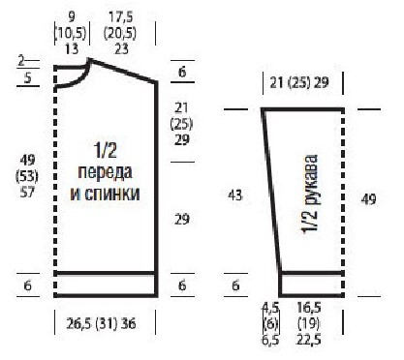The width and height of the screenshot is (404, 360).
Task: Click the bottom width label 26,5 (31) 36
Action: [x=101, y=323]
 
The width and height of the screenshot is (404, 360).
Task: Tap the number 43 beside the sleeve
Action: [x=235, y=195]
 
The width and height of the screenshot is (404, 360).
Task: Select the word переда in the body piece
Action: [x=105, y=172]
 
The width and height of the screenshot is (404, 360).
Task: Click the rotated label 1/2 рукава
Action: [x=310, y=194]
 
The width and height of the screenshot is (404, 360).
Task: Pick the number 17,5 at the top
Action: [x=121, y=16]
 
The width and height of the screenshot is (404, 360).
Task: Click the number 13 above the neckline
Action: [x=72, y=49]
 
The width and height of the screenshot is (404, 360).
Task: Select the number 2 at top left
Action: [x=21, y=61]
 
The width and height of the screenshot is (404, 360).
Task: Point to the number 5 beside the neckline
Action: [x=28, y=78]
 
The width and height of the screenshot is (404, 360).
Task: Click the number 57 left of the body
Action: [x=27, y=193]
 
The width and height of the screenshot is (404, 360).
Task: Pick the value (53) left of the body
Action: [x=27, y=176]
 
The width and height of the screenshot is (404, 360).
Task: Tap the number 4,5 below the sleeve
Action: [x=270, y=308]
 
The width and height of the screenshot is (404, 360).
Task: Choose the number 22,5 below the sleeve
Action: [x=309, y=340]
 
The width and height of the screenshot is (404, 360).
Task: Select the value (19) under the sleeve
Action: [x=309, y=323]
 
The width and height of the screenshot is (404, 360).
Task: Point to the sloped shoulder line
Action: [x=123, y=71]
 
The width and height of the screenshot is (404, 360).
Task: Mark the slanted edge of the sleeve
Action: [x=271, y=192]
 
